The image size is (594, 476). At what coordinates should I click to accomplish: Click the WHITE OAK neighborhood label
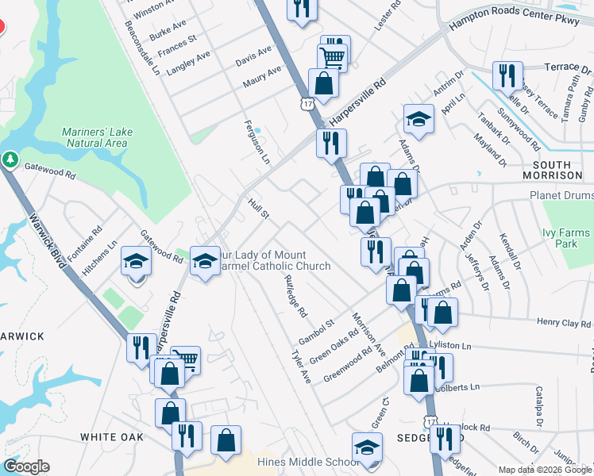(112, 437)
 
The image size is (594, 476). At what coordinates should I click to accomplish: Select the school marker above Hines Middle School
(367, 447)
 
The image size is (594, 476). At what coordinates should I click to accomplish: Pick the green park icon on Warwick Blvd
(10, 159)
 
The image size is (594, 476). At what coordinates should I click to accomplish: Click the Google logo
(27, 466)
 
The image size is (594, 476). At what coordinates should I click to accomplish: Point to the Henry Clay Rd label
(565, 322)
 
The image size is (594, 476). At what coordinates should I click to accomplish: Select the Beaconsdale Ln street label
(142, 48)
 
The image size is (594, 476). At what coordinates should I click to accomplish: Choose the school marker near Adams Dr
(418, 119)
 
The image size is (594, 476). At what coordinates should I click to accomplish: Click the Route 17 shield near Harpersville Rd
(308, 104)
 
